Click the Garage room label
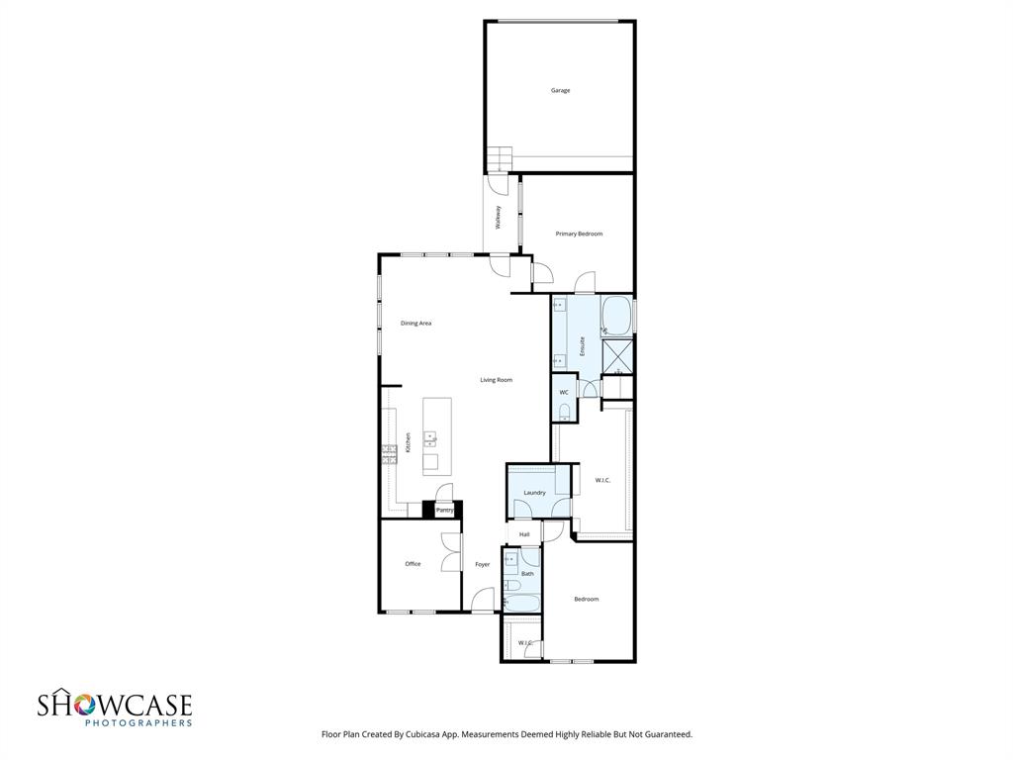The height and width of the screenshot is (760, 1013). (560, 91)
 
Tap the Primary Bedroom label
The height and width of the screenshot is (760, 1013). (579, 234)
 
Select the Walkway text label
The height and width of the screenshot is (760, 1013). (499, 217)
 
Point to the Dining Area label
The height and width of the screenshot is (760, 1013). (415, 323)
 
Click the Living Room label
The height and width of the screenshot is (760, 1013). (496, 380)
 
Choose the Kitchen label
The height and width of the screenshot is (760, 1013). (408, 443)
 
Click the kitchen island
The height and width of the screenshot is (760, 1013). (436, 436)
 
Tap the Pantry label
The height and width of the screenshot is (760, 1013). (444, 510)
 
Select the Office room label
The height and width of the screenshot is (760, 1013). (413, 564)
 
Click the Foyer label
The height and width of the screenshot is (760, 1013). (482, 565)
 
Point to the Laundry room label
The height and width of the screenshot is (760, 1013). (534, 493)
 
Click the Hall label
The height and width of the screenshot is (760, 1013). (524, 534)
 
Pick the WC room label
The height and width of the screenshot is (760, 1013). (564, 393)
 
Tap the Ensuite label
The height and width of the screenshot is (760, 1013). (583, 346)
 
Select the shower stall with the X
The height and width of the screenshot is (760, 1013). (617, 354)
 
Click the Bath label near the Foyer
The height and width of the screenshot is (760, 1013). (527, 574)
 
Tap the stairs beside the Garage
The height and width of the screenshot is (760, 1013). (500, 158)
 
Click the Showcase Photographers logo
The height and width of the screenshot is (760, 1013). (114, 709)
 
